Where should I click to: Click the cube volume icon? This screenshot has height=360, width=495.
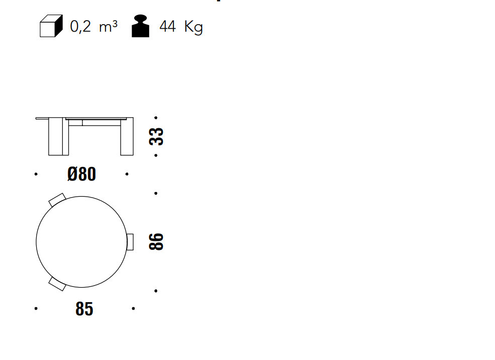[x=51, y=26]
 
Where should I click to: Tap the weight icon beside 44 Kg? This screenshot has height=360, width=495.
[x=141, y=26]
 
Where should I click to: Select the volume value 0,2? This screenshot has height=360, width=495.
[x=80, y=27]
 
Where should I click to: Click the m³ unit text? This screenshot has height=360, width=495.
[x=108, y=27]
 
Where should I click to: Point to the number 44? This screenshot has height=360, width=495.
[x=168, y=27]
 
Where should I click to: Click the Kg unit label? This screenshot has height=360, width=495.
[x=193, y=28]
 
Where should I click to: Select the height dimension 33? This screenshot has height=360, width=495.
[x=156, y=136]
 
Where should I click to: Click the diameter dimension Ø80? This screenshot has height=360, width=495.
[x=82, y=174]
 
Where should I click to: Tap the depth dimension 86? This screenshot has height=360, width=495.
[x=156, y=242]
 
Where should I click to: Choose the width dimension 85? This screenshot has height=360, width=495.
[x=84, y=309]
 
